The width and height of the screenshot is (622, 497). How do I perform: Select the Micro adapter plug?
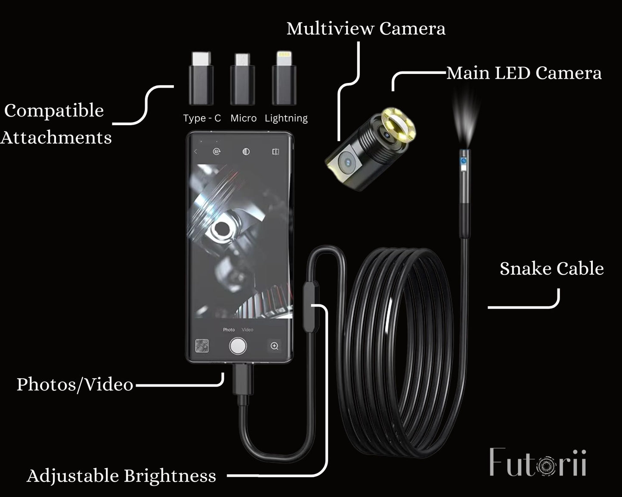pos(242,80)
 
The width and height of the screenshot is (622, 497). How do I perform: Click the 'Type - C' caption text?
pos(202,118)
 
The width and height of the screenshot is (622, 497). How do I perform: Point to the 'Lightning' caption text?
pos(286,118)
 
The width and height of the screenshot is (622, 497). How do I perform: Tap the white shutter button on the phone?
pos(238,346)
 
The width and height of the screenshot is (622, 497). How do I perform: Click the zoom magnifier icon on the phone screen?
pos(274,346)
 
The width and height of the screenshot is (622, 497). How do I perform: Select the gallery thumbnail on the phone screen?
pos(202,346)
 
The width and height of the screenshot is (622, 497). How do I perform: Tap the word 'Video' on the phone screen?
pos(248,330)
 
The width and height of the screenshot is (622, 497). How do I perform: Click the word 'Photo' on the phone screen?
pos(229,330)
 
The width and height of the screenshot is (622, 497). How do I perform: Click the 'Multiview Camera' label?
pos(366,28)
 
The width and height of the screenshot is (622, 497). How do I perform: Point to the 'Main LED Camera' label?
pos(524,73)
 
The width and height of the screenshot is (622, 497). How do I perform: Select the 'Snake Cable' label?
pos(551,269)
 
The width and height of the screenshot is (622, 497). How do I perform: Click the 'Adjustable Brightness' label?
pos(121,476)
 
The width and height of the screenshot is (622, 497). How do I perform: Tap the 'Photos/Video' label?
pos(75,384)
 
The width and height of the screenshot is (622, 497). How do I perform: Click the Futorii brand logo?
pos(538,463)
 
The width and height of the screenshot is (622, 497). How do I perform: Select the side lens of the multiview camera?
pos(347,162)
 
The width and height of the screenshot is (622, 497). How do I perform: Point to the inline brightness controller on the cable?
pos(310,306)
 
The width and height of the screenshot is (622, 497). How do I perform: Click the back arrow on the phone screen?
pos(196,151)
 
